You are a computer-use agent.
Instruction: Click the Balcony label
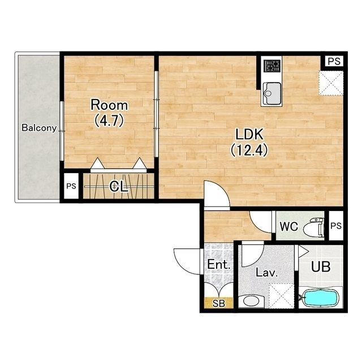(39, 128)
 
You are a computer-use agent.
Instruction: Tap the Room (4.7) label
(109, 113)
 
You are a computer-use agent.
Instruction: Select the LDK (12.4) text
(249, 142)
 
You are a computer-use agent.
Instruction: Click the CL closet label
(119, 186)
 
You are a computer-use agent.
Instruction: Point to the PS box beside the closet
(71, 186)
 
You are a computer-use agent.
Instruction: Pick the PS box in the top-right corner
(334, 62)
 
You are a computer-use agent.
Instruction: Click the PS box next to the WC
(336, 226)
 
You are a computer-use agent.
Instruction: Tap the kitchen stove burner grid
(272, 66)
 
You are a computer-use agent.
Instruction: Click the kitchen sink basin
(271, 93)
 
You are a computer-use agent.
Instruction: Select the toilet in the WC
(313, 227)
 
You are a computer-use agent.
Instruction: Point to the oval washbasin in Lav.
(251, 301)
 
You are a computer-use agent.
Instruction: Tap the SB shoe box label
(219, 303)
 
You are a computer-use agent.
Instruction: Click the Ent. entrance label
(219, 265)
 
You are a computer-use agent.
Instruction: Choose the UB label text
(321, 266)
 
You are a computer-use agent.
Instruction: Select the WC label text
(288, 226)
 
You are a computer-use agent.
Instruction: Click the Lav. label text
(266, 273)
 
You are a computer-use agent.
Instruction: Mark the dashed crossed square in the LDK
(331, 83)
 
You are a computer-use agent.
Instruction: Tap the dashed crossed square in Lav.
(282, 296)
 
